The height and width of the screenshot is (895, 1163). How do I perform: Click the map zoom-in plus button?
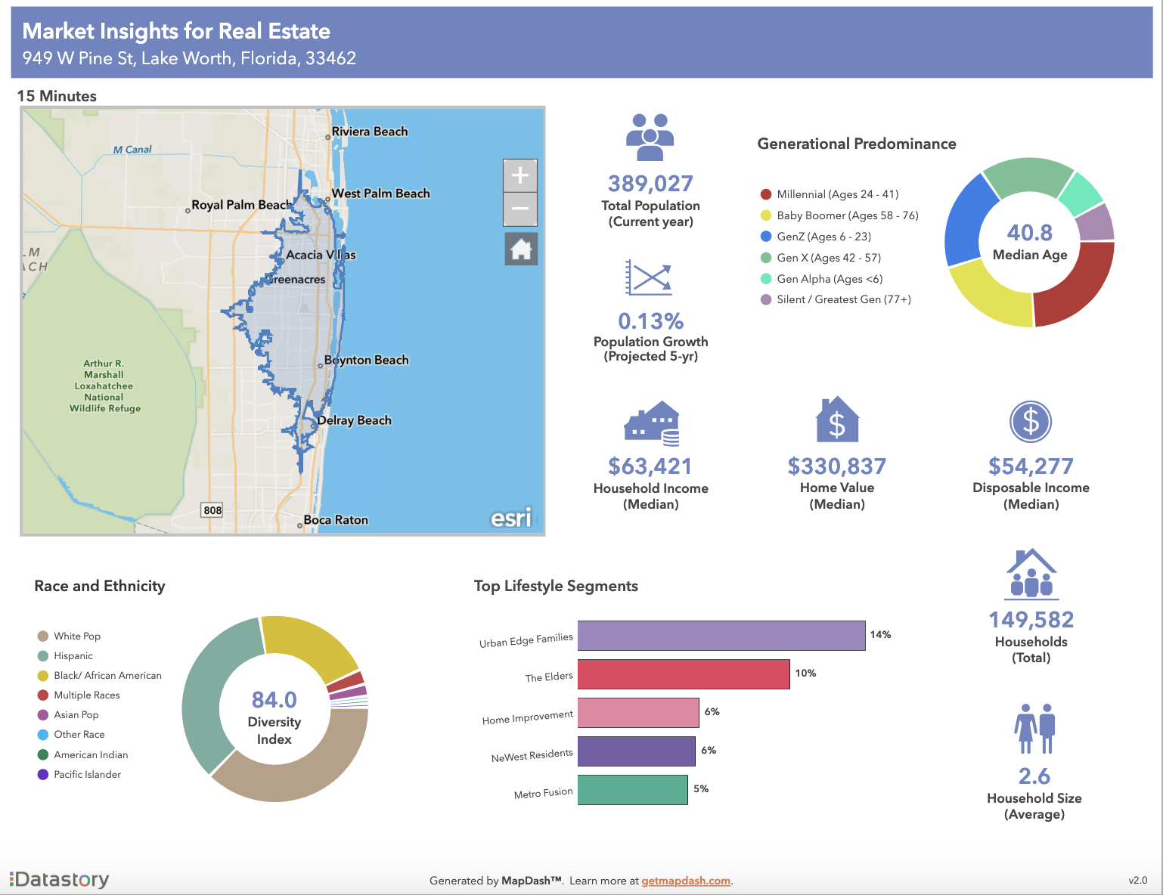point(520,176)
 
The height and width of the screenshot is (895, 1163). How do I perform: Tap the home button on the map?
point(521,249)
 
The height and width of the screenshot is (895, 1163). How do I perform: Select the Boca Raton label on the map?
point(336,520)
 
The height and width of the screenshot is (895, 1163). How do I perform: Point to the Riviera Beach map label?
point(369,132)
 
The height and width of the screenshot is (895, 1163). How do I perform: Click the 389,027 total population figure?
point(650,184)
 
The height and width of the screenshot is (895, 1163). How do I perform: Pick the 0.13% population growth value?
point(650,321)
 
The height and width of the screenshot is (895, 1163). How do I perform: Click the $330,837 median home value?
point(836,466)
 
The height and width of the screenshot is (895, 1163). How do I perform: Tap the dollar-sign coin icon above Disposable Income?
point(1031,422)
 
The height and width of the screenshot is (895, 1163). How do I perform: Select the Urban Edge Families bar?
point(721,636)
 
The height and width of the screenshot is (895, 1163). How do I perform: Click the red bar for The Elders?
point(683,674)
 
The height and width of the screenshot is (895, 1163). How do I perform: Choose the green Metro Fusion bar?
point(632,790)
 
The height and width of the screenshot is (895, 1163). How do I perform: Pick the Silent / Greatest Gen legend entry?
point(843,299)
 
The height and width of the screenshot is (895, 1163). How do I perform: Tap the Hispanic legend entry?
point(73,656)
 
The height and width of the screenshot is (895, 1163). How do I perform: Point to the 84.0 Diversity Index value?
point(274,700)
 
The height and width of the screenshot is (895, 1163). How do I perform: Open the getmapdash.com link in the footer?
point(686,881)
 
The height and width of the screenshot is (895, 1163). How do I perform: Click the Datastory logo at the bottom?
point(60,879)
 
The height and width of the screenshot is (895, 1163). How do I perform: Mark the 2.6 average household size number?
point(1034,776)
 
